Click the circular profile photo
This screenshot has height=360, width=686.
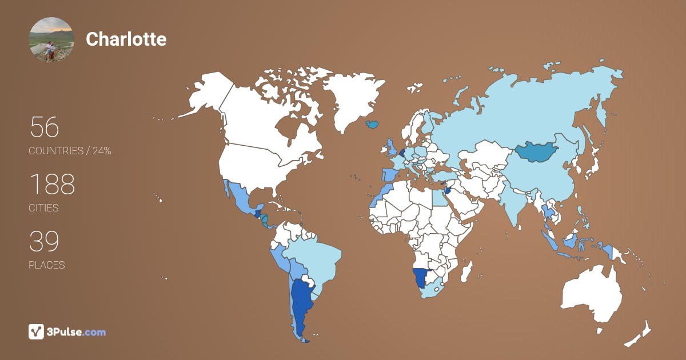[x=51, y=39]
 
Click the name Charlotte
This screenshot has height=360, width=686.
[x=126, y=39]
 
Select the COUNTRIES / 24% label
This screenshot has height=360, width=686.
[x=70, y=151]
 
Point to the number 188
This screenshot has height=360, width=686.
[x=52, y=184]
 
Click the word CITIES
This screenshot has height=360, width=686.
[x=43, y=208]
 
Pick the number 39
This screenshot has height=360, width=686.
[x=44, y=242]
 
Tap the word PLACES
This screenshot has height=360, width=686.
[x=46, y=265]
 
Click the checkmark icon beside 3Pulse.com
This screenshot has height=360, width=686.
[x=37, y=331]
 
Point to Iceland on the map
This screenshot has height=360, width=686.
[x=372, y=124]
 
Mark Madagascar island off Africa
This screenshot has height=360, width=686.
[x=466, y=270]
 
